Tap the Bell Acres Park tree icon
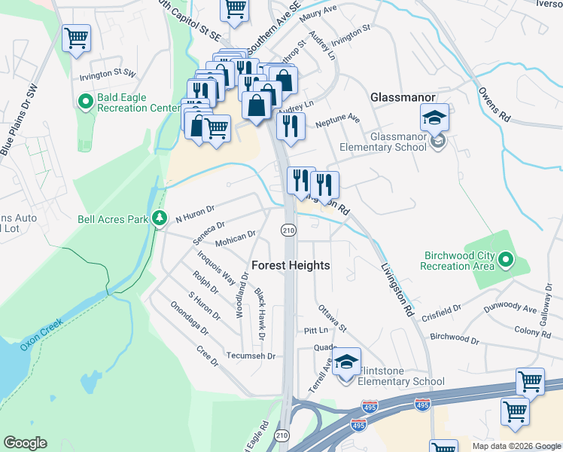[159, 218]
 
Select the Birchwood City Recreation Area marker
[506, 261]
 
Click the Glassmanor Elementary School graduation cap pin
[434, 118]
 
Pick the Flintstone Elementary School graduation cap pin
[346, 362]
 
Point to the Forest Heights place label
[290, 266]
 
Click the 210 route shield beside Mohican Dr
[288, 229]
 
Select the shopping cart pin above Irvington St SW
[76, 38]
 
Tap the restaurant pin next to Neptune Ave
[291, 126]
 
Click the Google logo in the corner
[25, 443]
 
